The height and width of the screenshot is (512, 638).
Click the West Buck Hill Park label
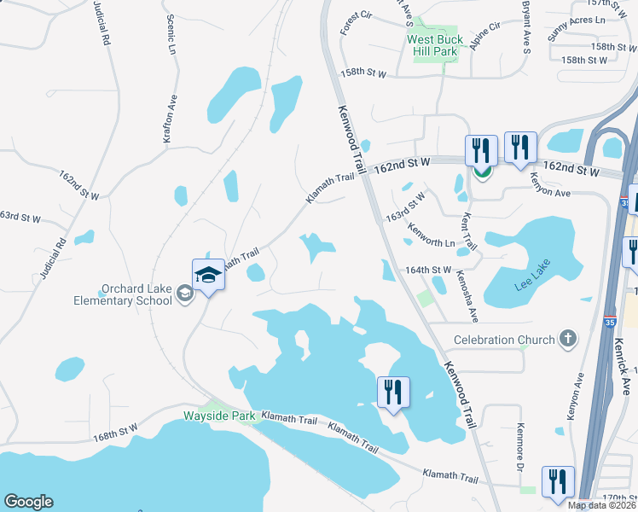[435, 45]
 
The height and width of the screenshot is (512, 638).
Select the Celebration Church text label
[503, 340]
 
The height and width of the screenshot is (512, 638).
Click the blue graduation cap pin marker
[208, 275]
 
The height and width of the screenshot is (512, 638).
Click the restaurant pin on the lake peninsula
[393, 393]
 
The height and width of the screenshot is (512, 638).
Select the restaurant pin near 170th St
[558, 481]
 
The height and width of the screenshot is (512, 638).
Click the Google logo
[29, 502]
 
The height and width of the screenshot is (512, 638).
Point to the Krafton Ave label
[168, 120]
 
